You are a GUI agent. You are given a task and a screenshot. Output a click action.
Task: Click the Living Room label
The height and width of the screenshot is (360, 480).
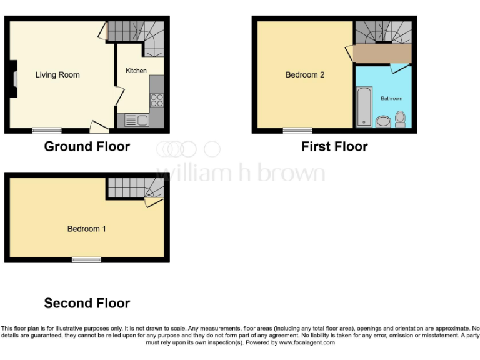57,75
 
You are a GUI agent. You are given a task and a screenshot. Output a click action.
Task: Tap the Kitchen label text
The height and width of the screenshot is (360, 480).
136,71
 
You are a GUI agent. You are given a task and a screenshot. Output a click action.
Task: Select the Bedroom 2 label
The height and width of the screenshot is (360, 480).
305,75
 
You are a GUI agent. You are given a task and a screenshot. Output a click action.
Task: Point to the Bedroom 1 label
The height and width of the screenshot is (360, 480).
87,229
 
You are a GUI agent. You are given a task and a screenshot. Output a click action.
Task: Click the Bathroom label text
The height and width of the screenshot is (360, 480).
392,99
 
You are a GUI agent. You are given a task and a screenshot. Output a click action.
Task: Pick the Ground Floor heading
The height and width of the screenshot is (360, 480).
87,147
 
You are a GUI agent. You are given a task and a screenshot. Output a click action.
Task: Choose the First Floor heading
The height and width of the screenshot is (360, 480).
334,147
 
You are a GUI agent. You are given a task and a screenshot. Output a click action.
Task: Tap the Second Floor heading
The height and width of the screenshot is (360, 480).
87,304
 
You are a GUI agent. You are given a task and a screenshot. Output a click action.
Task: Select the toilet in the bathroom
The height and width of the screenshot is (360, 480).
400,119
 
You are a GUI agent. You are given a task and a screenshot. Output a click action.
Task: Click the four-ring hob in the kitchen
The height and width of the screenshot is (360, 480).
156,100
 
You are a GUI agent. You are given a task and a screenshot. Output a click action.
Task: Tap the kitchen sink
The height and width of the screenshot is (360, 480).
134,120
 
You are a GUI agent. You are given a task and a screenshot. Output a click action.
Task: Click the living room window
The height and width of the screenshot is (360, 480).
47,131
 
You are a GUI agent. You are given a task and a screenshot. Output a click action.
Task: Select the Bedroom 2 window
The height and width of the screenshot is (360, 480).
297,131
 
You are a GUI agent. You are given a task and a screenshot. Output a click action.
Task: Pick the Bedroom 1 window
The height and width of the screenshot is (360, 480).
86,259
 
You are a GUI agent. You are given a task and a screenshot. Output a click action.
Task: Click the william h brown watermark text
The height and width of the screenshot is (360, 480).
241,173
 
